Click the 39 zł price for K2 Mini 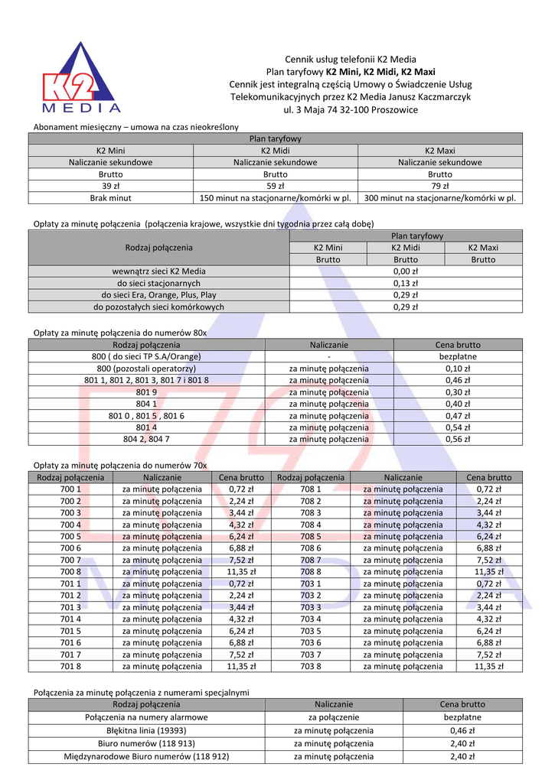click(110, 186)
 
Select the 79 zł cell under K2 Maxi click(439, 186)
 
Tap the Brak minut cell click(110, 198)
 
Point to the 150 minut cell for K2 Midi click(275, 198)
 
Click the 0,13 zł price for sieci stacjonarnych click(406, 283)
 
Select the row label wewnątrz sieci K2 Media click(159, 271)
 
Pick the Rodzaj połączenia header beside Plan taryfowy click(159, 248)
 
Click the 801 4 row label click(147, 427)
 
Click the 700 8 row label click(70, 571)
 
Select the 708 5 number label click(311, 536)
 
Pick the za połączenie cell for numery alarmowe click(334, 718)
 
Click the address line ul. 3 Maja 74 click(351, 110)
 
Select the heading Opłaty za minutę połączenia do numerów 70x click(120, 465)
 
